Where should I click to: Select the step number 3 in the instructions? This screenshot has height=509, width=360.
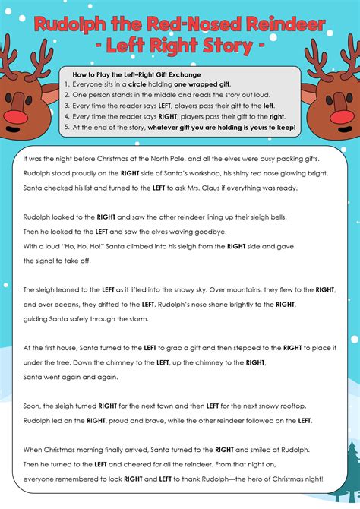click(x=68, y=106)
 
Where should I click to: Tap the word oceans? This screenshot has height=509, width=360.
click(x=67, y=305)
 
